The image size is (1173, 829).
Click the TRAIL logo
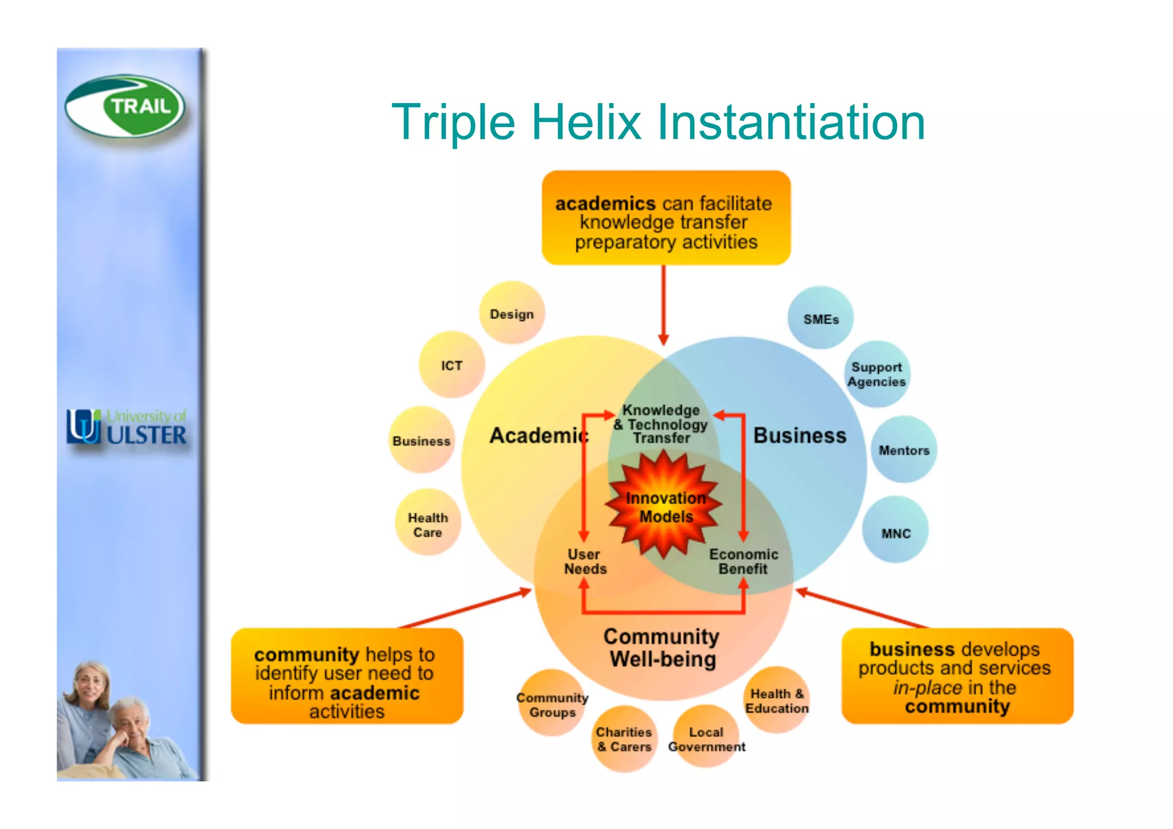click(125, 107)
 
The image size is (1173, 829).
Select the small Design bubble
click(511, 313)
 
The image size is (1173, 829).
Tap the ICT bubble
click(451, 365)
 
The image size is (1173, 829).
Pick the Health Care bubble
click(427, 524)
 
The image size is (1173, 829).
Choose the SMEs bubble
click(820, 319)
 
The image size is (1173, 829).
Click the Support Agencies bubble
click(876, 374)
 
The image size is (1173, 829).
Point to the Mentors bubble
click(903, 450)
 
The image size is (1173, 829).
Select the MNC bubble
click(895, 532)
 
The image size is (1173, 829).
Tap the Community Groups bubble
click(552, 704)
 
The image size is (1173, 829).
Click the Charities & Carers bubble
click(624, 739)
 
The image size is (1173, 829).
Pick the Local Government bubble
click(706, 738)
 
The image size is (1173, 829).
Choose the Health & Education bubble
click(777, 700)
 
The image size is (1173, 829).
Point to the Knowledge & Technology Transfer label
click(661, 424)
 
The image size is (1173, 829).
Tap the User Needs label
click(585, 561)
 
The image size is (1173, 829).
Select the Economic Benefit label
click(743, 561)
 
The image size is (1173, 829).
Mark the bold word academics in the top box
click(605, 203)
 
